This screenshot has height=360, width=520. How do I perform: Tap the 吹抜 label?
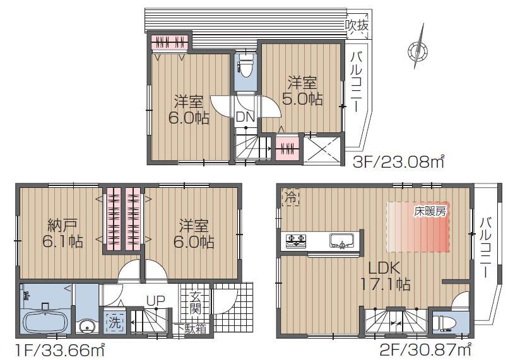[357, 26]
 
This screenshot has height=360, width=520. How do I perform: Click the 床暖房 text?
[430, 211]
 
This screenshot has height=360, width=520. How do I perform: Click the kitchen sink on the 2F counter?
[342, 240]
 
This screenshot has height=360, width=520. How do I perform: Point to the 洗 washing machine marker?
[114, 321]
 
